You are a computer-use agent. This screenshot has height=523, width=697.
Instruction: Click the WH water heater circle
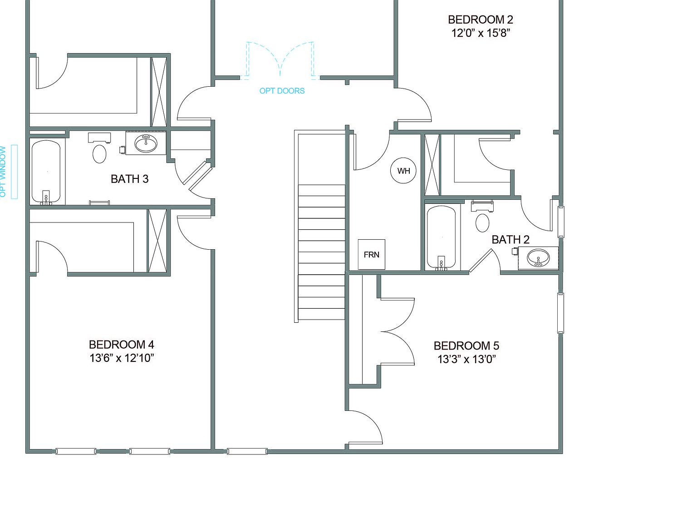[x=403, y=171]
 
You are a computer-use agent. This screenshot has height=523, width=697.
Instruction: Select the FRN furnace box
[x=371, y=254]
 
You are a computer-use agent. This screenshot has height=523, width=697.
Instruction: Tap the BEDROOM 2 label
[x=481, y=20]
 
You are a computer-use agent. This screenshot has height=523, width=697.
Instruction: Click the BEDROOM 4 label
[x=121, y=345]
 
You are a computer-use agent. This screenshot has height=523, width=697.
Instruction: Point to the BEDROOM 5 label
[x=466, y=346]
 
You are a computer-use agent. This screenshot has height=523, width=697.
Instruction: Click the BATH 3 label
[x=129, y=179]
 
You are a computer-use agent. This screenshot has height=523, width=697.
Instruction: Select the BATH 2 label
[x=510, y=239]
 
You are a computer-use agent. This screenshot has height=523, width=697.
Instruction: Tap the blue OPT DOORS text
[x=282, y=91]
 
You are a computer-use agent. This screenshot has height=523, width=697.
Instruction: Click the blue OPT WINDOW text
[x=3, y=172]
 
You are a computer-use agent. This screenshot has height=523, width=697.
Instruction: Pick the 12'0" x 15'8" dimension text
[x=481, y=33]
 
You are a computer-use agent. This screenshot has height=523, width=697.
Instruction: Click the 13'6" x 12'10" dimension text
[x=122, y=358]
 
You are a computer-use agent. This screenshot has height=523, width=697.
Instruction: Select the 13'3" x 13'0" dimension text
[x=466, y=359]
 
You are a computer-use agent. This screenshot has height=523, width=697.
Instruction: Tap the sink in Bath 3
[x=146, y=143]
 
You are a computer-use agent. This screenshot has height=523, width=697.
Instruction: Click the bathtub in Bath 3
[x=46, y=172]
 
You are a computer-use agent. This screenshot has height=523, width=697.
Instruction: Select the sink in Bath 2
[x=538, y=258]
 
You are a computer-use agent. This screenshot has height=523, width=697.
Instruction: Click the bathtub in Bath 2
[x=441, y=237]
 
